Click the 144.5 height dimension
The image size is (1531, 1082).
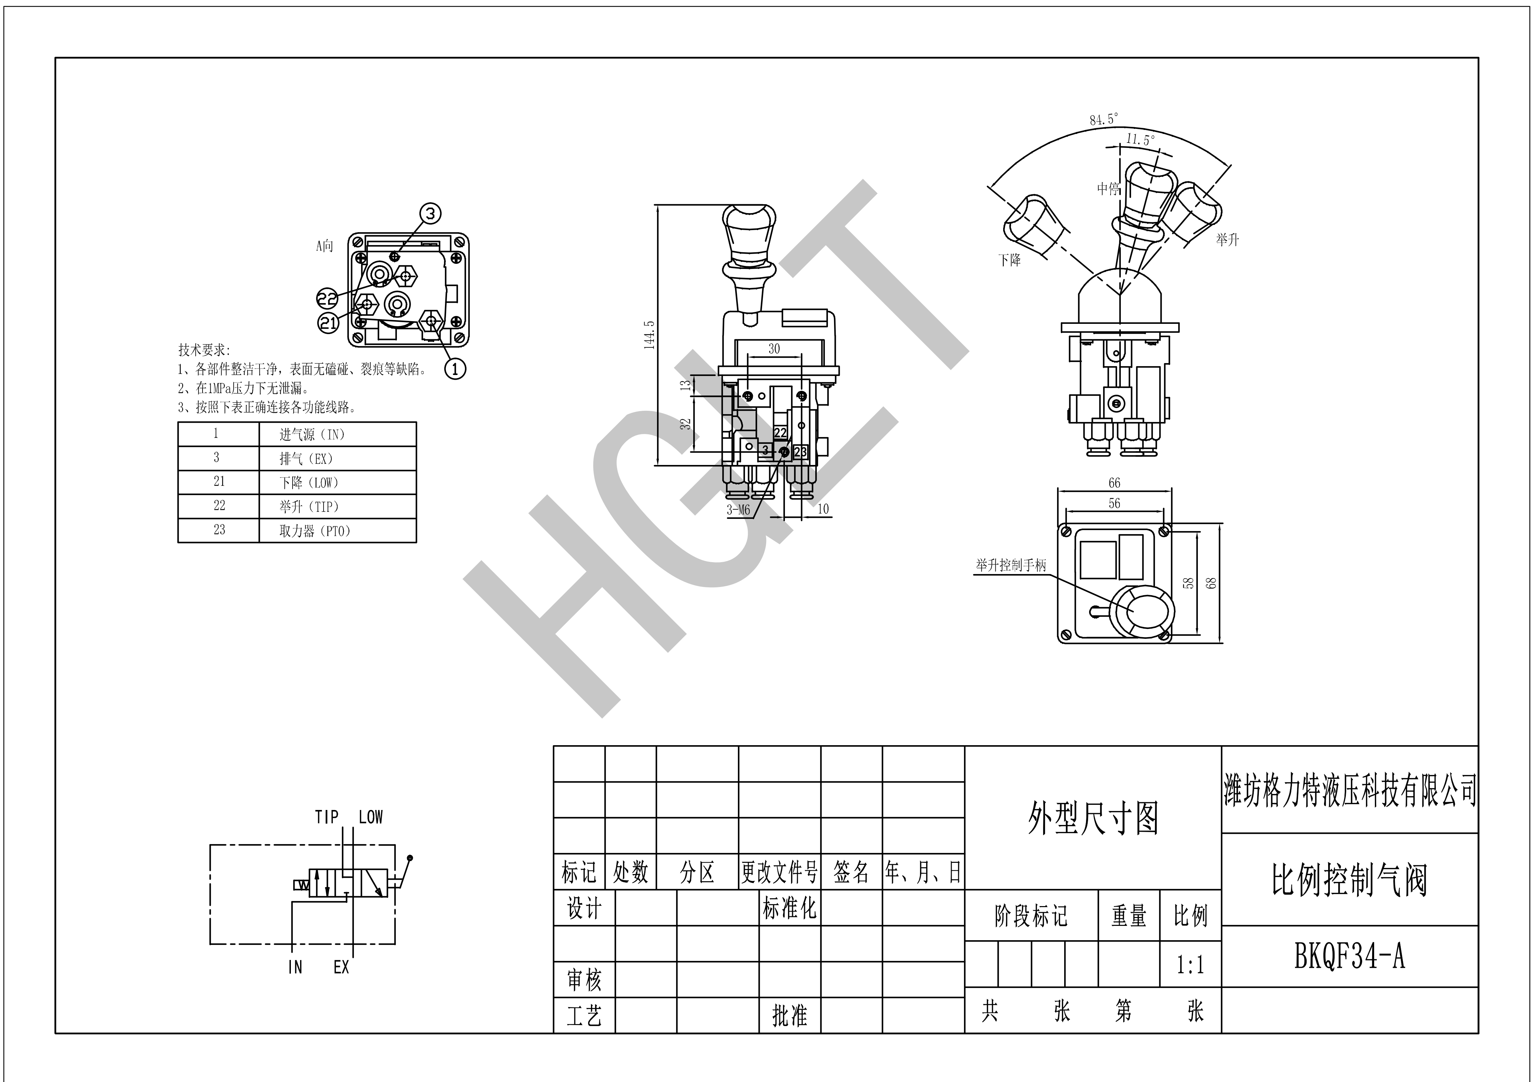click(x=650, y=335)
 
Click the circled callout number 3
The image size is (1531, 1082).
click(x=431, y=213)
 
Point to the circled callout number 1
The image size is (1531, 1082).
click(x=456, y=368)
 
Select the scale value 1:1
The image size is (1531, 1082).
click(x=1190, y=965)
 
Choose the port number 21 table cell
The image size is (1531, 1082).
click(x=219, y=481)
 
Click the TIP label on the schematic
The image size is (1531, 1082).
click(x=327, y=817)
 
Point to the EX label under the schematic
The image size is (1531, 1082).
click(x=341, y=967)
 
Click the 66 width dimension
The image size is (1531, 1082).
click(x=1114, y=483)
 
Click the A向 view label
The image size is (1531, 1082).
click(x=325, y=246)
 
